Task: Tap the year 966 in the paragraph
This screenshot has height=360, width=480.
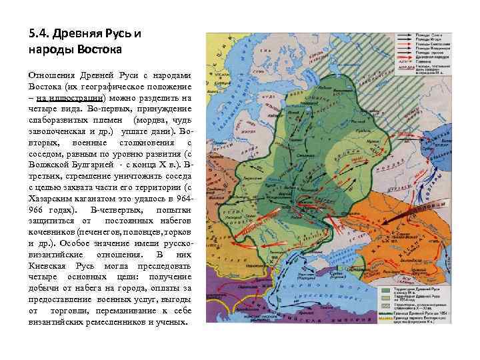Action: coord(37,209)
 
